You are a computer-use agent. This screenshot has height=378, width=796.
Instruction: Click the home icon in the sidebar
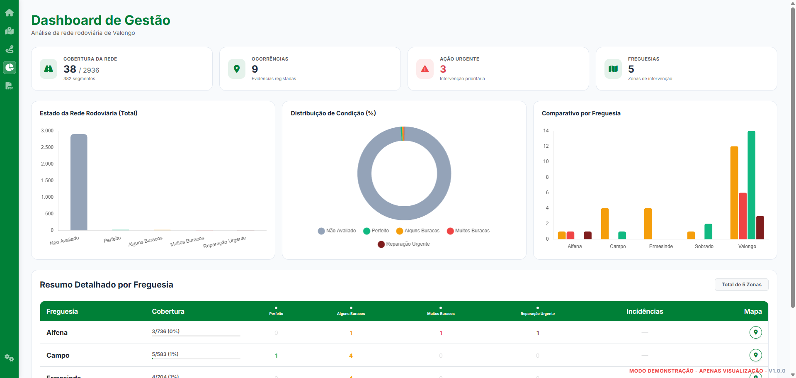[9, 13]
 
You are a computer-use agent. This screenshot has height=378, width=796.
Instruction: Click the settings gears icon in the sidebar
[9, 358]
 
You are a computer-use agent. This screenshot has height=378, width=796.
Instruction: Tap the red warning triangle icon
[425, 69]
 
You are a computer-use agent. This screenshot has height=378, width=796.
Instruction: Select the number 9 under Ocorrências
[255, 69]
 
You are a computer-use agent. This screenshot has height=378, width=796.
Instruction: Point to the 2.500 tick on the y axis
[47, 147]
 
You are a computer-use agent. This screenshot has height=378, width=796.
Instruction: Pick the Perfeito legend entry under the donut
[376, 231]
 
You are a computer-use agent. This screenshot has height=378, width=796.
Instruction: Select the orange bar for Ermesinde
[648, 224]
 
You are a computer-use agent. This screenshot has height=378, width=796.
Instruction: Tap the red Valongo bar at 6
[743, 216]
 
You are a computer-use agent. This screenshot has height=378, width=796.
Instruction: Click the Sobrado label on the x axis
[704, 246]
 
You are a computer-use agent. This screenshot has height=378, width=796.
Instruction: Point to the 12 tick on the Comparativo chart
[546, 146]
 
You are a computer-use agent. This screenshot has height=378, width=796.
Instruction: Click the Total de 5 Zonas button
[741, 285]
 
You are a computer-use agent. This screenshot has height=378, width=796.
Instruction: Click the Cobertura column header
[168, 311]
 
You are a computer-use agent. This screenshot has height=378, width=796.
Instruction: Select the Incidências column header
[644, 311]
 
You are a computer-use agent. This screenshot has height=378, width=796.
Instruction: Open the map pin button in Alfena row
[755, 332]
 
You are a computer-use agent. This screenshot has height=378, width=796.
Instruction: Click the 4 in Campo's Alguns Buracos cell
[351, 356]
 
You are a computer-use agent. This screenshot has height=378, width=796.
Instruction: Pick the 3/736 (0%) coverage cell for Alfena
[165, 331]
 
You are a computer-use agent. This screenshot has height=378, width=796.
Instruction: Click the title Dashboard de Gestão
[101, 20]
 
